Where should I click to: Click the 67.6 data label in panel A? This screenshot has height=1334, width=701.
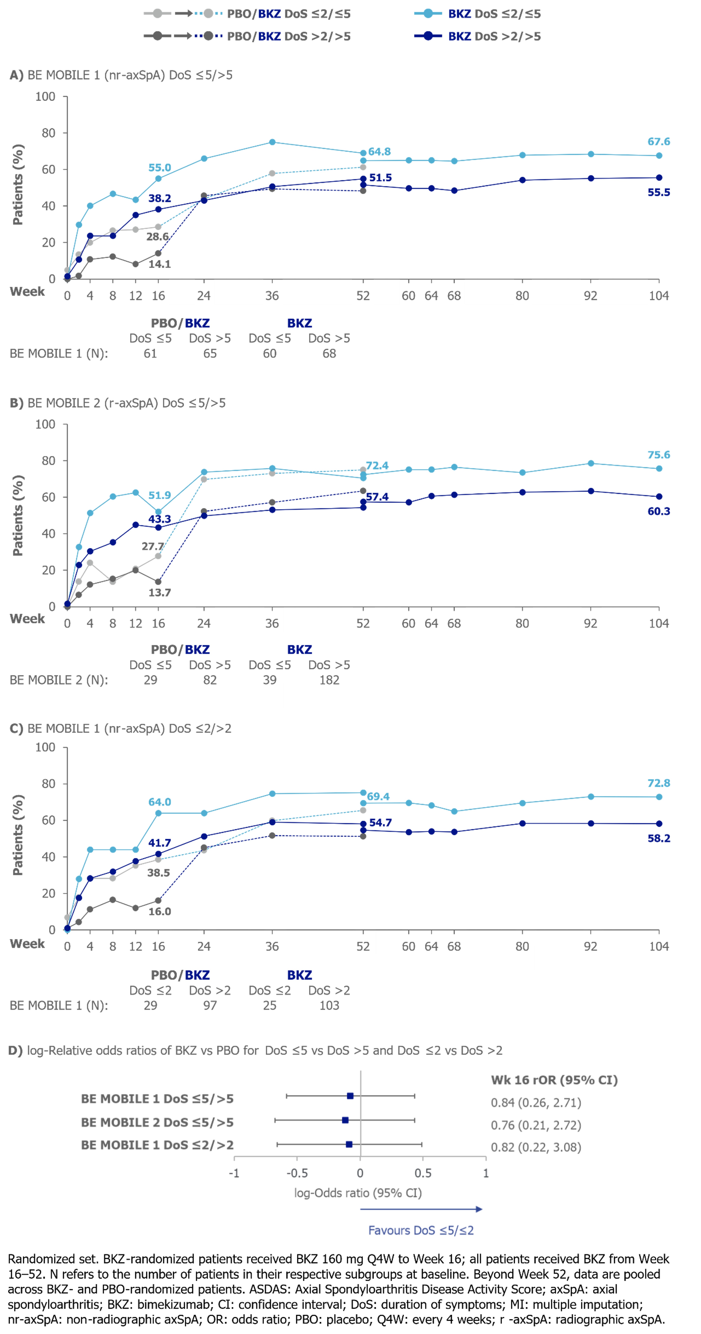[658, 141]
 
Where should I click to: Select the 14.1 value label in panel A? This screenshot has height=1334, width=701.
[159, 264]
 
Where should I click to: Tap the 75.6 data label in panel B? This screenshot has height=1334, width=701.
[658, 455]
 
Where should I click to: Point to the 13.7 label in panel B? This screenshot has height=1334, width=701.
[159, 592]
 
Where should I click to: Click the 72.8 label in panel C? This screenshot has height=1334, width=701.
[658, 783]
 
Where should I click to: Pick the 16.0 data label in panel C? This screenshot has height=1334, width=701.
[159, 911]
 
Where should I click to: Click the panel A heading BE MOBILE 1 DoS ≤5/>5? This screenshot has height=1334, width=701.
[121, 75]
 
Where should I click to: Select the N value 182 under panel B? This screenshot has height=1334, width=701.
[329, 680]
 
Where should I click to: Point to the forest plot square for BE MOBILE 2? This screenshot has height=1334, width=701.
[345, 1120]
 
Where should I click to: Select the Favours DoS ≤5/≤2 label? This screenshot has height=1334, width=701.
[421, 1230]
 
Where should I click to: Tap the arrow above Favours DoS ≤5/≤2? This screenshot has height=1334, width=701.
[421, 1209]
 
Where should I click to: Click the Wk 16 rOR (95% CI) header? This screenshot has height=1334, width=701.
[554, 1080]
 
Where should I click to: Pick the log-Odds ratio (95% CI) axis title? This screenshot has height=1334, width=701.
[358, 1193]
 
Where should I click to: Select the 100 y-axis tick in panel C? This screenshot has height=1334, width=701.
[45, 747]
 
